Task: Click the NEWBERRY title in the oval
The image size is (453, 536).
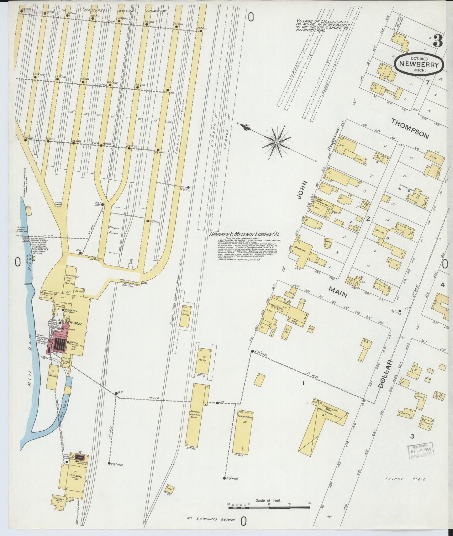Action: tap(419, 63)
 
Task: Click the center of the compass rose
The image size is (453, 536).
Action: tap(277, 143)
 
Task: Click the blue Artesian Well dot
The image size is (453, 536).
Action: tap(409, 190)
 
